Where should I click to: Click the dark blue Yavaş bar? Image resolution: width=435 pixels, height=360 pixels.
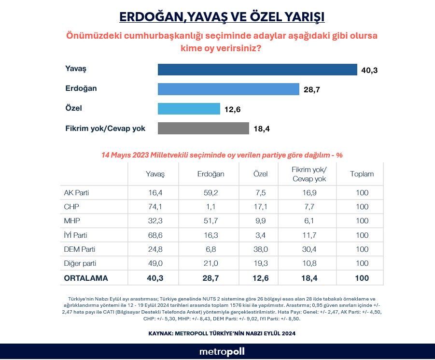point(257,70)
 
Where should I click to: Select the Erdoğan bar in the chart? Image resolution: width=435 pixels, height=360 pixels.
point(228,89)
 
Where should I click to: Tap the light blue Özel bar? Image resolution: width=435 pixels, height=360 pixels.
point(189,109)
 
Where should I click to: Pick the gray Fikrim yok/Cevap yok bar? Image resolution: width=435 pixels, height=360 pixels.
point(203,129)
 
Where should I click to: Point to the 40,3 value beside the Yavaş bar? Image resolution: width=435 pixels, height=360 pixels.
point(369,71)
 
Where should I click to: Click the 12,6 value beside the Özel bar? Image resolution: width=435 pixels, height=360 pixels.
point(232,110)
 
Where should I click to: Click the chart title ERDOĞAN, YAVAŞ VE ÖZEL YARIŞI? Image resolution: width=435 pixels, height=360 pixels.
point(222,17)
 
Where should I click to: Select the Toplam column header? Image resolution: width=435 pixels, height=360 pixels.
point(362,174)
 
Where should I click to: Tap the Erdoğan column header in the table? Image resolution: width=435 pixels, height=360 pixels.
point(211,174)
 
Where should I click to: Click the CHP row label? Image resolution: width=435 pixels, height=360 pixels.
point(71,207)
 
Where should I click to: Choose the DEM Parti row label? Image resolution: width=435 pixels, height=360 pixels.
point(80,249)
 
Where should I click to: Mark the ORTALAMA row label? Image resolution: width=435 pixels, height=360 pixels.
point(86,278)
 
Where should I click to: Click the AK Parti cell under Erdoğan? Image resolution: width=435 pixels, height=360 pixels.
point(211,193)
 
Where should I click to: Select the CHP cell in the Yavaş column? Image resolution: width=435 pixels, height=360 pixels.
point(155,207)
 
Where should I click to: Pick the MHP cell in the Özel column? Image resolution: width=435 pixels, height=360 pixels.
point(261,221)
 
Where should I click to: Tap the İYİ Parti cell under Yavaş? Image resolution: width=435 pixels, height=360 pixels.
point(155,235)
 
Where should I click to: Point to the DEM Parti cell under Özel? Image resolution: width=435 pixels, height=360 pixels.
point(261,249)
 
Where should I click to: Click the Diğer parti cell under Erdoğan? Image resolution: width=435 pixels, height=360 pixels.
point(211,264)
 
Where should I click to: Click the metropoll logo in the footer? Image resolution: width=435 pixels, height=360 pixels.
point(222,351)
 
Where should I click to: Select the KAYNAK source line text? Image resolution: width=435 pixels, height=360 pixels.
point(222,333)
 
